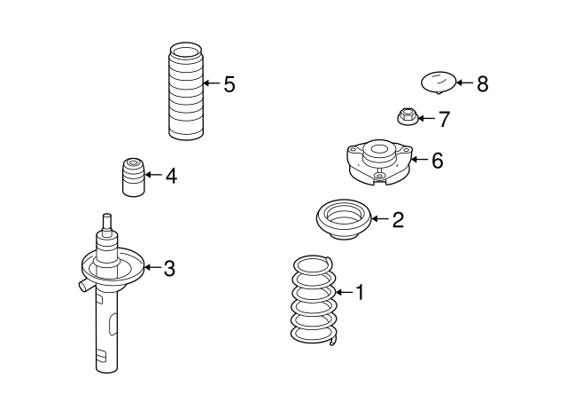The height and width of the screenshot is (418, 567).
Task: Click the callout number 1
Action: pos(360,291)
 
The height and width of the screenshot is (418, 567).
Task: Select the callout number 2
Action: pos(398,220)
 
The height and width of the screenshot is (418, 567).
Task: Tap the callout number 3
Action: pos(169,267)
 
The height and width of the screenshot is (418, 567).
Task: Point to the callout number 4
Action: pos(170,176)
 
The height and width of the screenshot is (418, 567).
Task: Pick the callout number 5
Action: pos(229,84)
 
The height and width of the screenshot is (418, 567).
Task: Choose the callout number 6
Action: pos(437,160)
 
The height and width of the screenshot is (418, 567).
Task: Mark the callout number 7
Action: pos(445,118)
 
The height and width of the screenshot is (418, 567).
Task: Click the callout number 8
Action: pos(482,84)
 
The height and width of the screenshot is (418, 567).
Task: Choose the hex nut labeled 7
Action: pos(407,115)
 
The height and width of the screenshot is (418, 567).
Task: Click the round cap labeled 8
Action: pos(438,83)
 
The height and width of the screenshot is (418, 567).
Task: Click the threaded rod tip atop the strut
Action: pos(107,221)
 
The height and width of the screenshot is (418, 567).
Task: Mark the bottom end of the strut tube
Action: pos(105,364)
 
